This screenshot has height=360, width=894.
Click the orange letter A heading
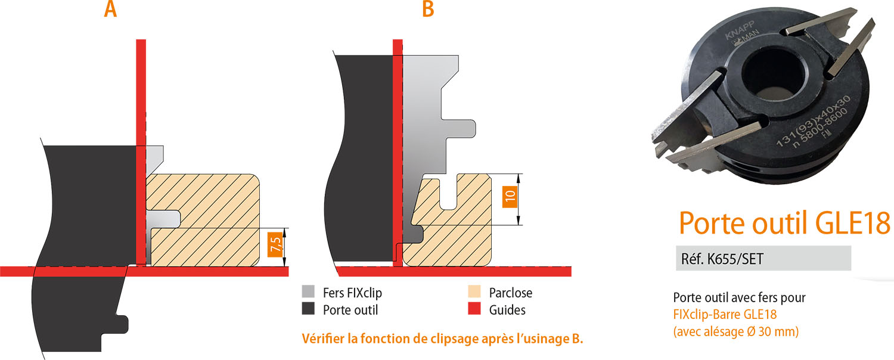tap(110, 9)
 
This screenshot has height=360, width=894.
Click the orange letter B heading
tap(427, 9)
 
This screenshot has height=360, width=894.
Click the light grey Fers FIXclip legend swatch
tap(308, 292)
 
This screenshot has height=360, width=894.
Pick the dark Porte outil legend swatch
tap(308, 309)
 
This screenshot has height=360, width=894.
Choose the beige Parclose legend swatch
tap(474, 292)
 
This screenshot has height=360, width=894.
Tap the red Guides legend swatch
tap(474, 309)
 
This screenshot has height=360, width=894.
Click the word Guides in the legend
tap(507, 310)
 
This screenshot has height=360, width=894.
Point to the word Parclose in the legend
tap(510, 293)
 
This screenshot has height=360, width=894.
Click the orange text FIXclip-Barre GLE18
tap(725, 314)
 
